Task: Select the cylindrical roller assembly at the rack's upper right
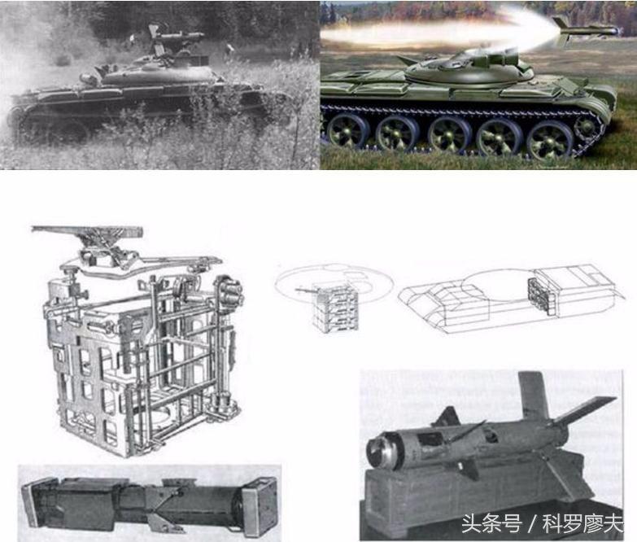230,291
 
